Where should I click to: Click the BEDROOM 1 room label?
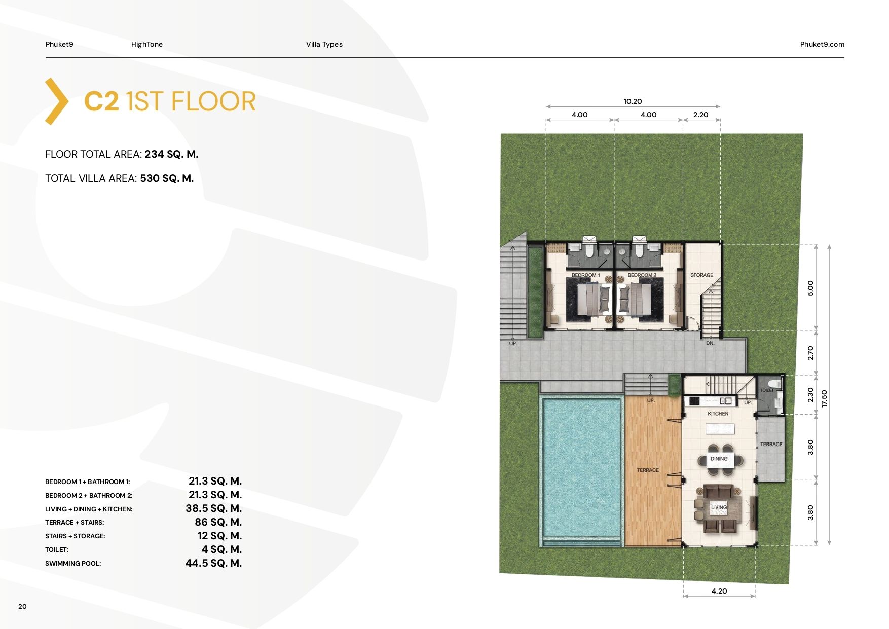585,275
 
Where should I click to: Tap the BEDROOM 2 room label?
642,275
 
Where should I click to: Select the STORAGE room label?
701,275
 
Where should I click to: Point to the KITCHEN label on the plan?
718,414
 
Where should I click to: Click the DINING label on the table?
719,459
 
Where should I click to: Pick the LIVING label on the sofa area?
719,507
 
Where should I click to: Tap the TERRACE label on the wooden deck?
648,470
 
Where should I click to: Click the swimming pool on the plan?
582,469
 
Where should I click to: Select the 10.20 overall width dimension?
633,101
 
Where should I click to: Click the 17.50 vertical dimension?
824,398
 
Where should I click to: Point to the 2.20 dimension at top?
700,115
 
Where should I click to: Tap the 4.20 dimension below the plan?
719,591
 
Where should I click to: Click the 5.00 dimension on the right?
810,288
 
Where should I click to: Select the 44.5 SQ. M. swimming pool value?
213,563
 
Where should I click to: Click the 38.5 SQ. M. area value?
213,508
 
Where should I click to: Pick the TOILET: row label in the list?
57,550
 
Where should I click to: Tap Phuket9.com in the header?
822,44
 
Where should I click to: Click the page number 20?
22,606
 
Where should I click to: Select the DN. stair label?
710,343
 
